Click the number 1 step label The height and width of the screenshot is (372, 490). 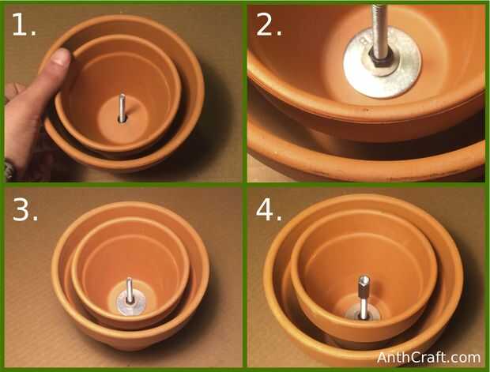[24, 24]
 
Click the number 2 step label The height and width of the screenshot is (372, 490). [269, 24]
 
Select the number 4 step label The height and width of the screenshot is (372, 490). [269, 209]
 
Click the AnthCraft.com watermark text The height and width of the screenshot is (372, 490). [428, 357]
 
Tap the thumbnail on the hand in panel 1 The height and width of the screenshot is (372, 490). [62, 58]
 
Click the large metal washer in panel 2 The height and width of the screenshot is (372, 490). [383, 62]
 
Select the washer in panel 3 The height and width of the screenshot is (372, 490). [131, 302]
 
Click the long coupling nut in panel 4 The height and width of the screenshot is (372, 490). [364, 287]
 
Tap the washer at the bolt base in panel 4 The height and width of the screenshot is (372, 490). [363, 314]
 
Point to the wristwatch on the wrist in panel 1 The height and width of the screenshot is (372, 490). [10, 171]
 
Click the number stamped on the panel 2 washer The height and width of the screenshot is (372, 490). [363, 42]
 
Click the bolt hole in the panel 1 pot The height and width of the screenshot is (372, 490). [122, 119]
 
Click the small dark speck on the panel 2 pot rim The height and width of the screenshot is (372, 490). [363, 111]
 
